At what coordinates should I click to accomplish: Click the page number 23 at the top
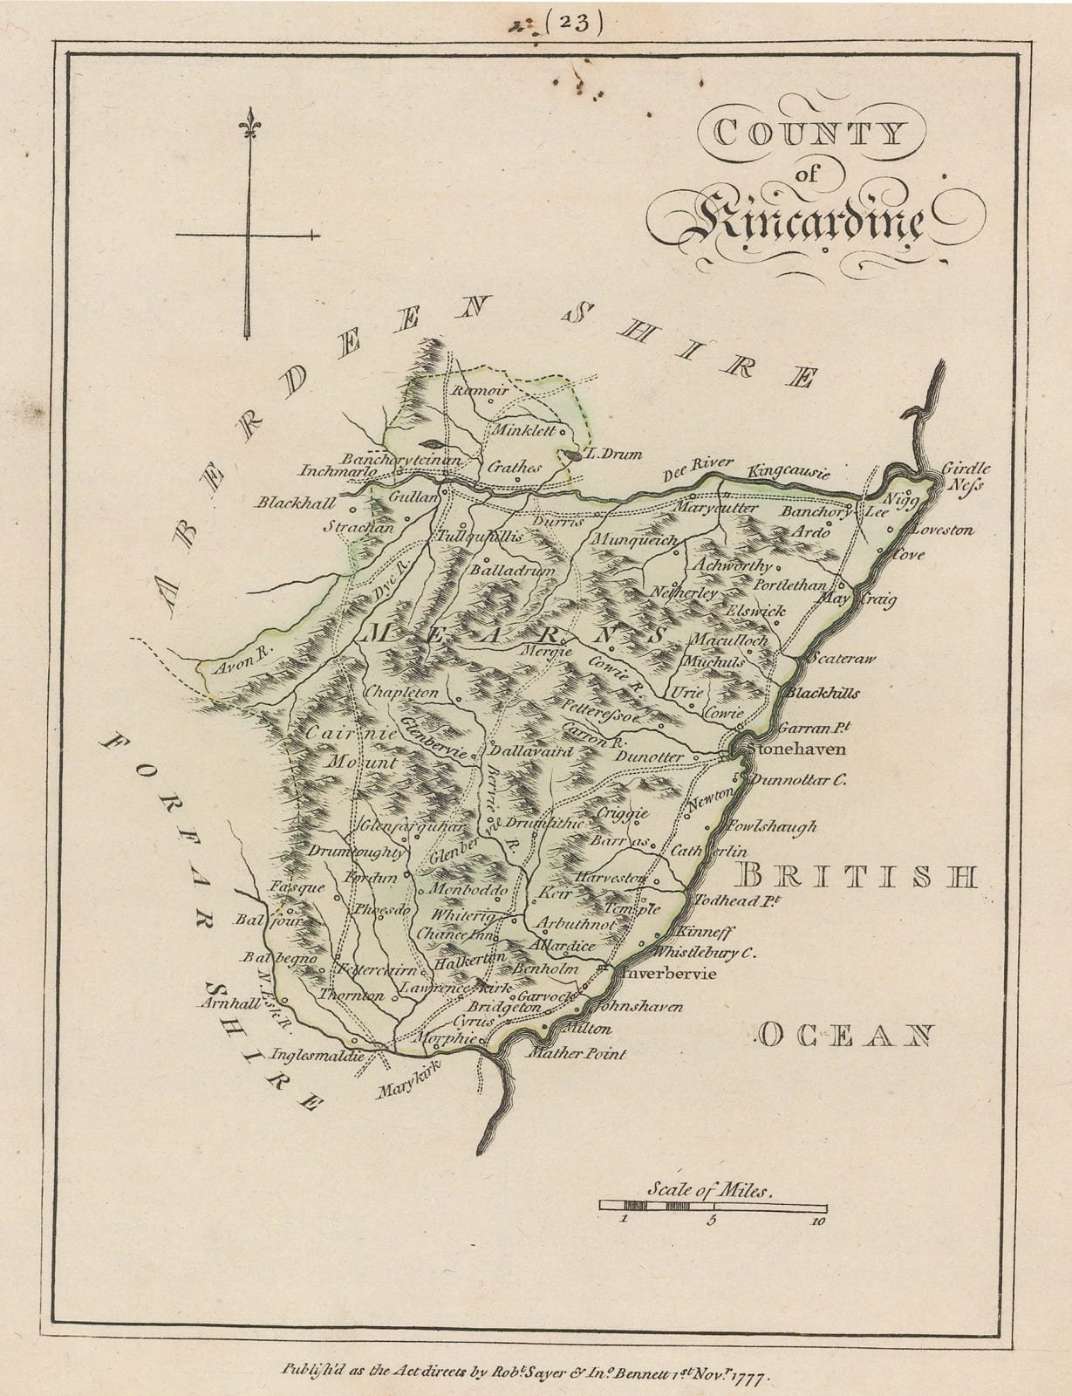(574, 24)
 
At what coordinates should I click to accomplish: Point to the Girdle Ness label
(966, 476)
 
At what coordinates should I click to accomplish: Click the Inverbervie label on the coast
(663, 973)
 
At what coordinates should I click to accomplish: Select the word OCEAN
(844, 1035)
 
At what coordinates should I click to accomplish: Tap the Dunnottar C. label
(797, 782)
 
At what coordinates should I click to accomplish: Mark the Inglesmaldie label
(317, 1054)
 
